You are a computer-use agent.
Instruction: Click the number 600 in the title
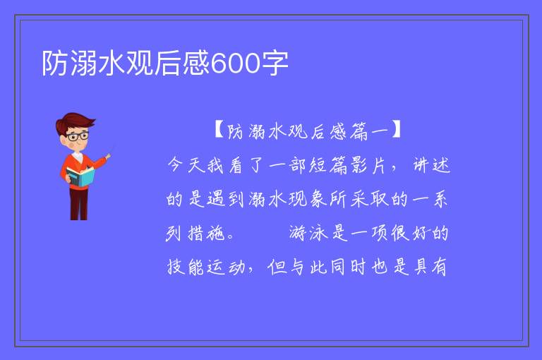click(x=236, y=64)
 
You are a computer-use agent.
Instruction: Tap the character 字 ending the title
click(x=275, y=64)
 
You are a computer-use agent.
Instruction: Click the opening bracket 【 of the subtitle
click(x=219, y=130)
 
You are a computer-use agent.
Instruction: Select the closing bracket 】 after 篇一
click(x=396, y=130)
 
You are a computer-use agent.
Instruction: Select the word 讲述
click(x=432, y=164)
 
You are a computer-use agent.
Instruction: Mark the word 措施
click(x=207, y=233)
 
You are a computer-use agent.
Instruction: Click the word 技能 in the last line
click(x=186, y=267)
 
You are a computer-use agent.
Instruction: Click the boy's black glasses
click(x=78, y=136)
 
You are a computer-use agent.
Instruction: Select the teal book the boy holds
click(x=80, y=176)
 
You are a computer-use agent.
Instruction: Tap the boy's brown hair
click(x=74, y=121)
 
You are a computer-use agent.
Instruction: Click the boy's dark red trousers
click(x=79, y=203)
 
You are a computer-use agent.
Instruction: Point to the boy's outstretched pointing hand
click(x=108, y=157)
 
